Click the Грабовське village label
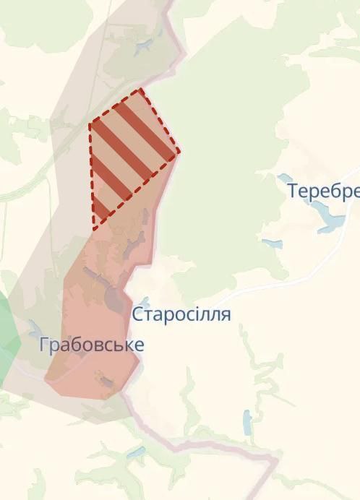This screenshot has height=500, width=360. [92, 345]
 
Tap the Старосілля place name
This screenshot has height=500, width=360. [181, 314]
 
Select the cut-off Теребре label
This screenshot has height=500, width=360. [323, 191]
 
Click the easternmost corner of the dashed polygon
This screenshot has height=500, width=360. [179, 152]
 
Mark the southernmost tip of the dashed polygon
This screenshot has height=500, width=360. [94, 229]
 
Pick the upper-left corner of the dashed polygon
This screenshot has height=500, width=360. [90, 124]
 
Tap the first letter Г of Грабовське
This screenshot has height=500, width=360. [45, 345]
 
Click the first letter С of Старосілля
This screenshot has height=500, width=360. [137, 315]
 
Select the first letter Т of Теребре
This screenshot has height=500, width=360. [293, 191]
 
